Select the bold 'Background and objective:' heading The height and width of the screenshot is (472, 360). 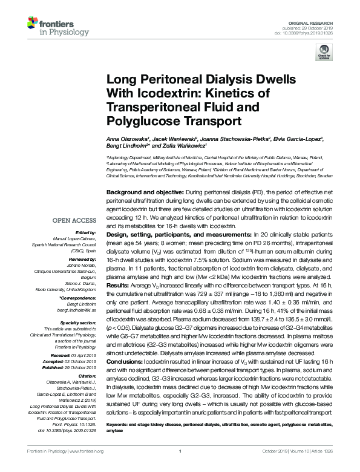(141, 191)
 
